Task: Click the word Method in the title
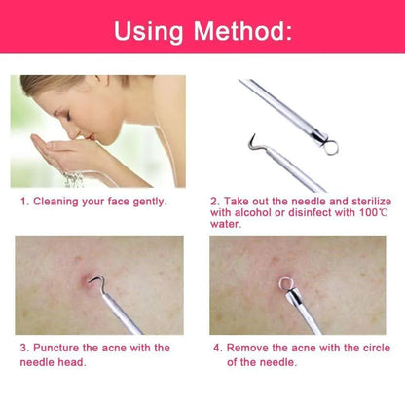(239, 31)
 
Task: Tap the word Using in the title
(149, 33)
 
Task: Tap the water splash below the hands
(73, 180)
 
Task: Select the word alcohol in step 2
(253, 212)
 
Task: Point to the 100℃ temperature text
(374, 213)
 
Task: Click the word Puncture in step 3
(56, 348)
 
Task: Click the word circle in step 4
(377, 348)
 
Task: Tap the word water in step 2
(226, 224)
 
